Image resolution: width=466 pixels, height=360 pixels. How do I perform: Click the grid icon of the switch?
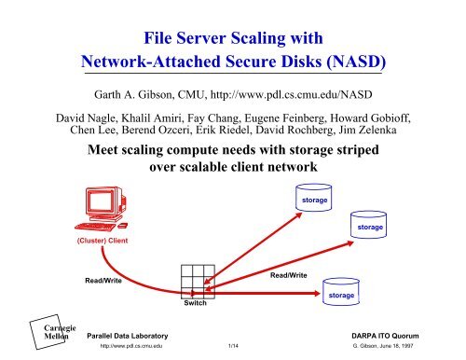[x=198, y=282]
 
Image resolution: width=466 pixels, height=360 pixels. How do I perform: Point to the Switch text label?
[x=196, y=304]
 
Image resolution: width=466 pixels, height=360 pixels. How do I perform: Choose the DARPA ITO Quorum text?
[x=409, y=337]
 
